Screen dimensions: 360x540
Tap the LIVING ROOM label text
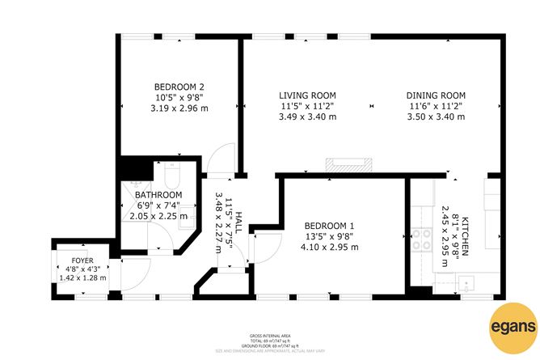pyautogui.click(x=307, y=95)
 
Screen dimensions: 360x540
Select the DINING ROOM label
pyautogui.click(x=436, y=95)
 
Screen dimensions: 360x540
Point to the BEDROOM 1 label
pyautogui.click(x=331, y=226)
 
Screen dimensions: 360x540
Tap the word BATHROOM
pyautogui.click(x=158, y=195)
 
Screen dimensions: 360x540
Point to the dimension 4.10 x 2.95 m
pyautogui.click(x=331, y=247)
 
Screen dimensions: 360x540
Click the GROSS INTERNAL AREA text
pyautogui.click(x=270, y=335)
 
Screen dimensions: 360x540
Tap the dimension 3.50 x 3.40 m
pyautogui.click(x=436, y=116)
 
